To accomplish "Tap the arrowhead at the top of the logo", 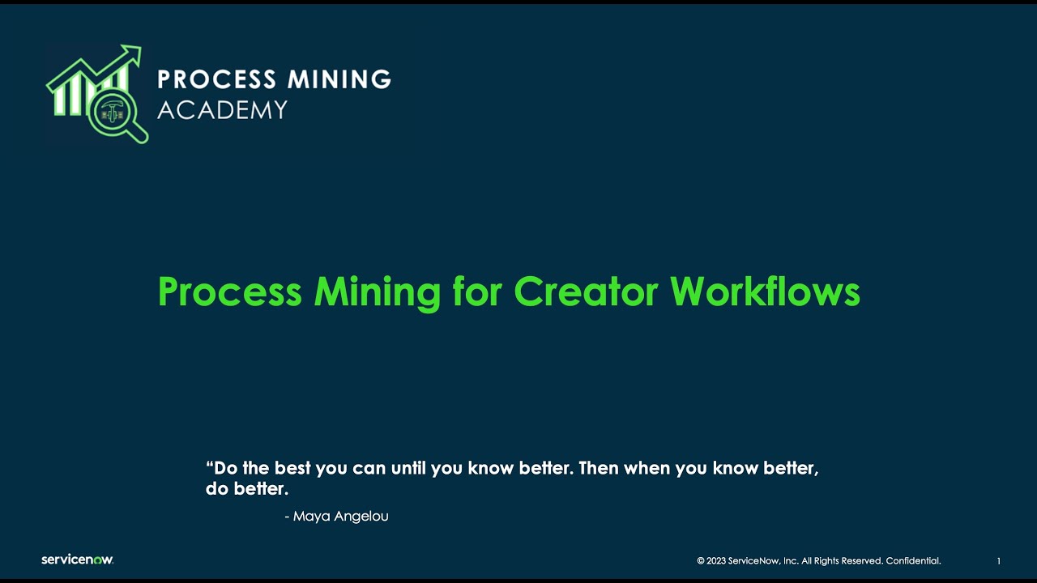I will coord(133,53).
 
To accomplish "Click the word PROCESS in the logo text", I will coord(205,79).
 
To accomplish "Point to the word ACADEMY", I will coord(222,109).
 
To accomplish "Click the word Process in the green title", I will coord(229,291).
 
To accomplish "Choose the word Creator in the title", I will coord(585,291).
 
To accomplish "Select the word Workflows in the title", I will coord(765,291).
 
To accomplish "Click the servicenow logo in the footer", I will coord(78,560).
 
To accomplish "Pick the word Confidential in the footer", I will coord(913,560).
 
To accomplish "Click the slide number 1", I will coord(999,560).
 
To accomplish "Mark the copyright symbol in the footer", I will coord(701,560).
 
